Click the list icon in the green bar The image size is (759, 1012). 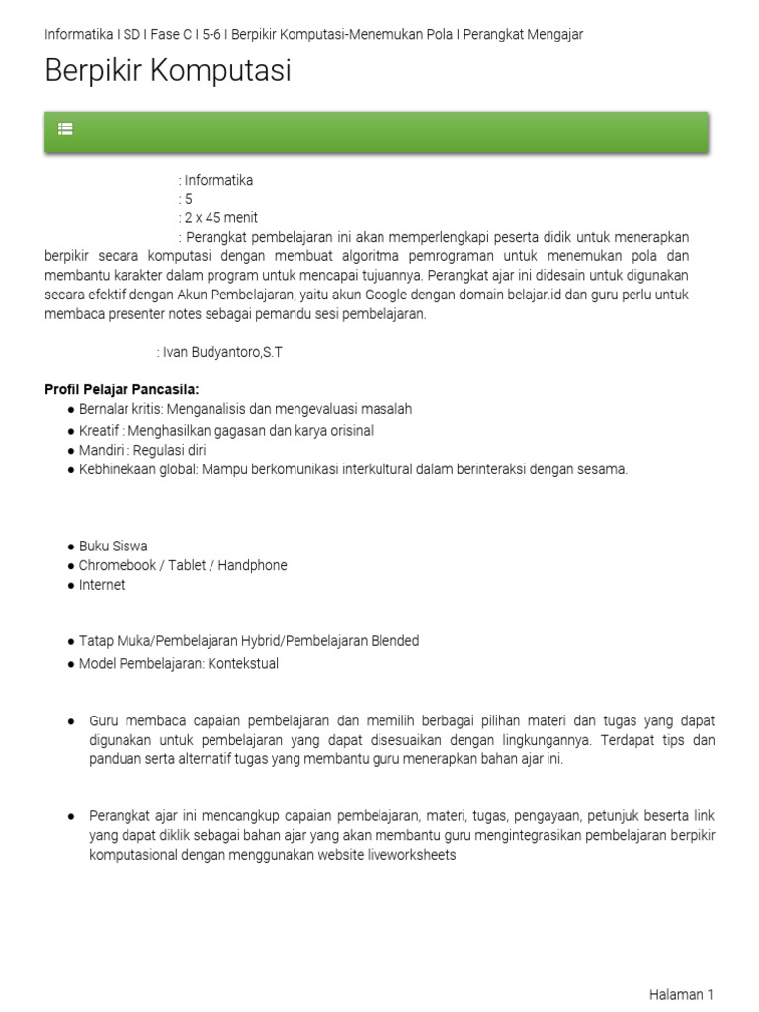click(65, 128)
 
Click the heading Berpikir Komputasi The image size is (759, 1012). click(168, 71)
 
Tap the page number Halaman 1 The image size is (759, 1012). click(681, 995)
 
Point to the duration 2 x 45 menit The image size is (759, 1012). click(221, 217)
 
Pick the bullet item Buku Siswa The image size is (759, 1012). click(114, 546)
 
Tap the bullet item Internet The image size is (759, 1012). click(103, 585)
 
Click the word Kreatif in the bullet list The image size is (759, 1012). click(101, 430)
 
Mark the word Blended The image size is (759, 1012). click(393, 641)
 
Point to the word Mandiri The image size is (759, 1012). click(102, 450)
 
